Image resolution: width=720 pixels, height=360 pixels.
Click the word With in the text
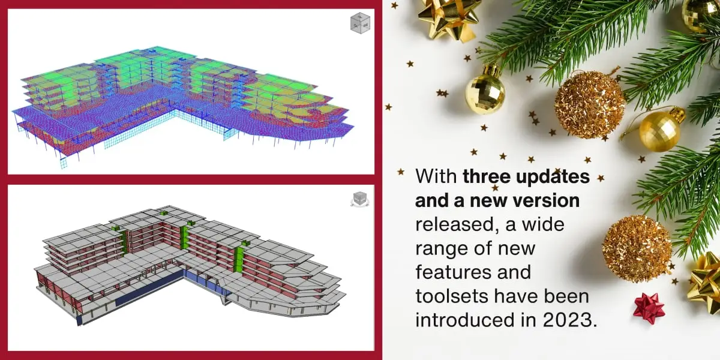pos(436,176)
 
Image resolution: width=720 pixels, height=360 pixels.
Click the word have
pos(515,296)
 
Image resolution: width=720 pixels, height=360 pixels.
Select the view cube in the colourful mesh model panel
pos(361,23)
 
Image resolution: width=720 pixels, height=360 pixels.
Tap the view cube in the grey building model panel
pos(359,199)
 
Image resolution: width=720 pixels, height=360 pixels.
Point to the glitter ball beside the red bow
pos(637,248)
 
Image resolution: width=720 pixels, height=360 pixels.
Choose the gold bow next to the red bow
pos(706,283)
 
